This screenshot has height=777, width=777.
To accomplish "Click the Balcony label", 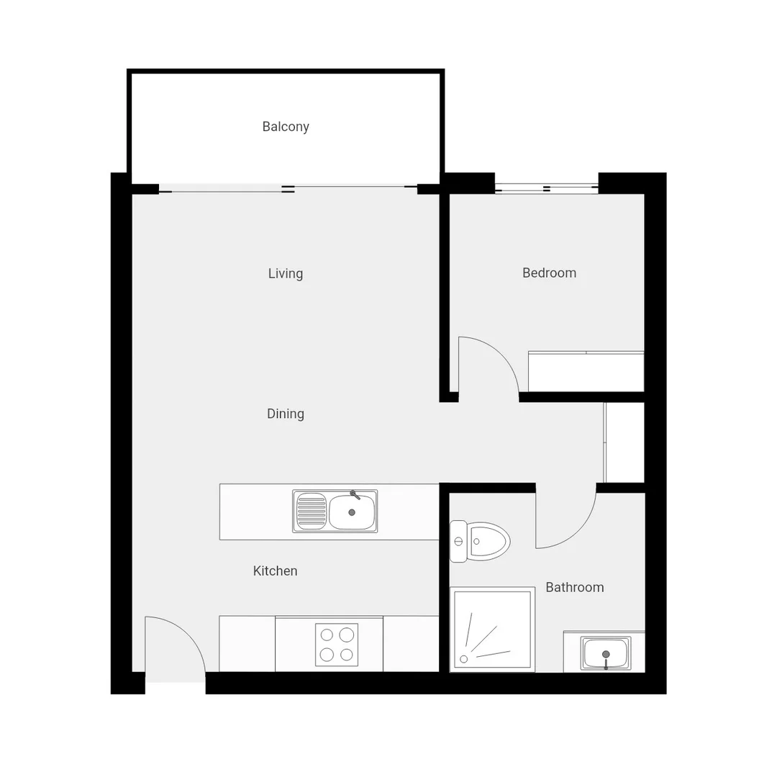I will coord(286,127).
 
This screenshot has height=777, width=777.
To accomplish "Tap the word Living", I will coord(286,273).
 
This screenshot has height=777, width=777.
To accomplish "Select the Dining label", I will coord(286,414).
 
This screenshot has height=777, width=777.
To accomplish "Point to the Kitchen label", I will coord(275,571).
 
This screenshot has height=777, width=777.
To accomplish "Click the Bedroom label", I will coord(549,273).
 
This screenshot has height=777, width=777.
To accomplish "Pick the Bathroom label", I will coord(574,587).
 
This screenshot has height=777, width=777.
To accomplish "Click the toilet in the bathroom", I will coord(482,541).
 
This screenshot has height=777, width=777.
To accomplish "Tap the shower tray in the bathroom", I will coord(492,630).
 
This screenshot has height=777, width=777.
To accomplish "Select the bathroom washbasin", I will coord(606,653).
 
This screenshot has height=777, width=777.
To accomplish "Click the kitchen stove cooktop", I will coord(337,645).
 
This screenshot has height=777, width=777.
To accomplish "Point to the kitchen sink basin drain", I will coord(352,512).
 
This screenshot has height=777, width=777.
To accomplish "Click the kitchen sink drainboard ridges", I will coord(312,511).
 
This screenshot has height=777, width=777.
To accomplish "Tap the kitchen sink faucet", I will coord(355,495).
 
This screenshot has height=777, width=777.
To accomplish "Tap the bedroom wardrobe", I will coord(586,371).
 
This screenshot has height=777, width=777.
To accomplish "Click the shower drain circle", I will coord(464,658).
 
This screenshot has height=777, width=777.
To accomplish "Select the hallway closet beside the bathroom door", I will coord(624,442).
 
